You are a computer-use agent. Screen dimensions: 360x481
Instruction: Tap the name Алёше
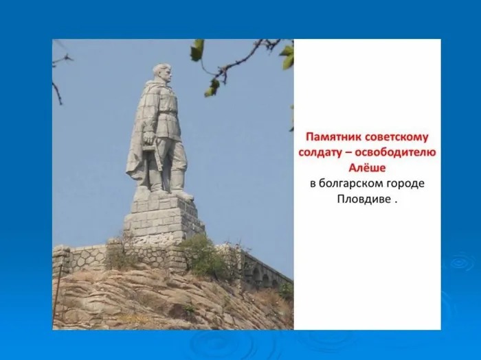(x=368, y=167)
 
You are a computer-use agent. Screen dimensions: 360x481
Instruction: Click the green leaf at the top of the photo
(x=197, y=49)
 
